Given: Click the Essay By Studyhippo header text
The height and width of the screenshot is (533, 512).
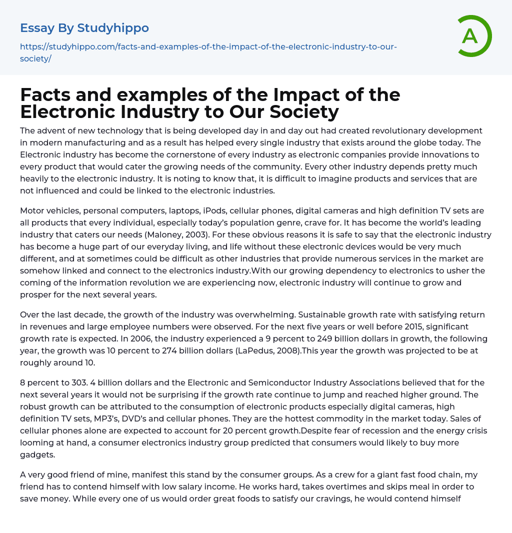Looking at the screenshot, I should click(84, 28).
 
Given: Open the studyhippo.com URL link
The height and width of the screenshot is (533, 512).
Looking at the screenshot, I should click(208, 47).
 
